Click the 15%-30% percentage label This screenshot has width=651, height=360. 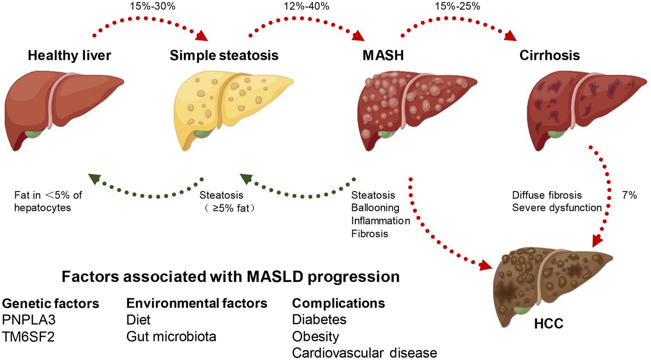pos(152,6)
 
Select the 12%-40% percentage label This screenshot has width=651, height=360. pos(306,6)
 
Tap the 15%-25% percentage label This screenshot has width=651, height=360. pos(457,6)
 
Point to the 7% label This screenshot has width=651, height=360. pos(629,195)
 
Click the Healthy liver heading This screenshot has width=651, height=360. pos(69,56)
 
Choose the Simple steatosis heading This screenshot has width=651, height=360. pos(224,56)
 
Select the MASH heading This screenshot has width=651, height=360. pos(383,56)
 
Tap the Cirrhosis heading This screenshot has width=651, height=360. pos(549,56)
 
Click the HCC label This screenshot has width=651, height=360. pos(548,324)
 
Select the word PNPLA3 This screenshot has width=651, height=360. pos(29,320)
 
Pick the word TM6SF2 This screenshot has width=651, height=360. pos(28,337)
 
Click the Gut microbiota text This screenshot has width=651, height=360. pos(171,337)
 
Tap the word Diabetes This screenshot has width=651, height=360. pos(319,320)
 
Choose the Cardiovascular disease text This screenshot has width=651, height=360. pos(364,353)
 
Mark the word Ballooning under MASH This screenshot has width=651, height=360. pos(375,208)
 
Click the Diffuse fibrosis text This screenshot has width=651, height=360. pos(547,195)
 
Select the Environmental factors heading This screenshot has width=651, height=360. pos(197,303)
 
